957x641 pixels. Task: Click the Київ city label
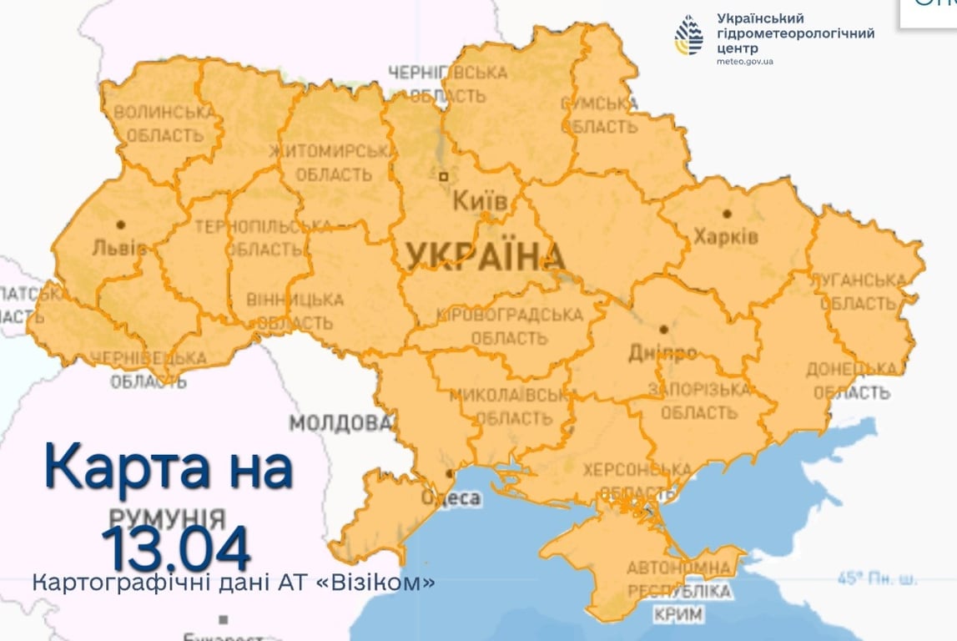point(479,201)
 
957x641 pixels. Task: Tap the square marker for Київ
point(444,176)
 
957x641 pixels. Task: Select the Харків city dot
point(727,214)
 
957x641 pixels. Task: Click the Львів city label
point(119,248)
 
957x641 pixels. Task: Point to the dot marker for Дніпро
point(663,330)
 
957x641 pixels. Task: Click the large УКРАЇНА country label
point(481,255)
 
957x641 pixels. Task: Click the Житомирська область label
point(331,163)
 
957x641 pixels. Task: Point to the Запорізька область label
point(699,401)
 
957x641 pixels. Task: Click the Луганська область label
point(863,291)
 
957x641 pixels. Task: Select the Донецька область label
point(852,381)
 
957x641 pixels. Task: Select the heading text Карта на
point(169,468)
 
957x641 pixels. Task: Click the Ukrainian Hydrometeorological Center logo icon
point(689,35)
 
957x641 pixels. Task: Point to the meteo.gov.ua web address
point(744,62)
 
